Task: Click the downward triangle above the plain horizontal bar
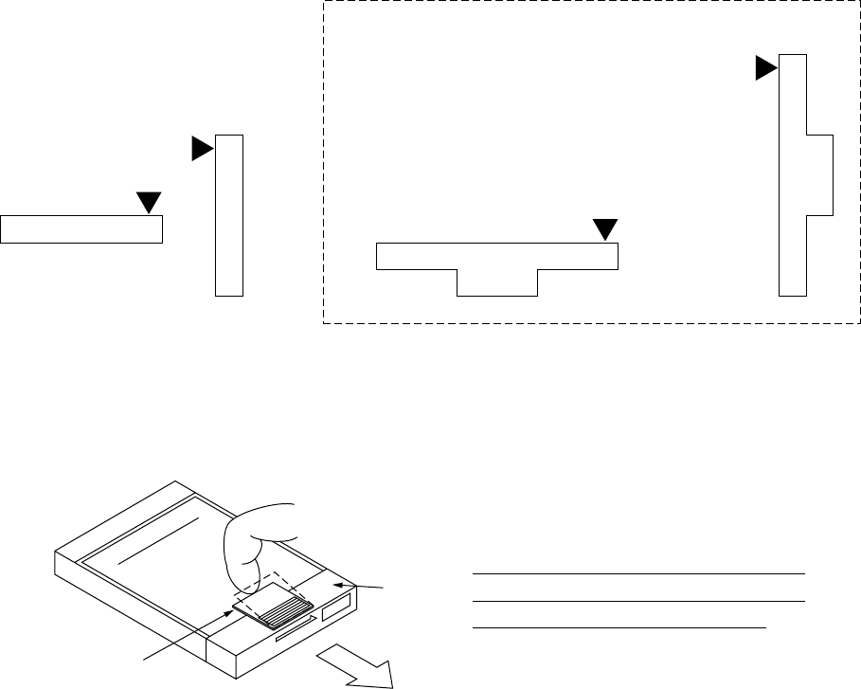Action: click(x=149, y=202)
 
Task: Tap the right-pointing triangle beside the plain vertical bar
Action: click(x=202, y=149)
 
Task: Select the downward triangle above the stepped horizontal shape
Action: click(x=604, y=229)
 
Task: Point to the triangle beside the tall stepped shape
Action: click(x=765, y=68)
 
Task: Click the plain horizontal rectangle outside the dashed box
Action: click(x=81, y=229)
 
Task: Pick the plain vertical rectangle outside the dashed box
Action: click(x=229, y=216)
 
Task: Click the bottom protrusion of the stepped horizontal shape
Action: click(x=497, y=282)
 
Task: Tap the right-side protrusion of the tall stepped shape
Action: click(x=819, y=175)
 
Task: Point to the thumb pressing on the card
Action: click(x=251, y=550)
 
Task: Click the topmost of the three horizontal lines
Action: click(x=637, y=573)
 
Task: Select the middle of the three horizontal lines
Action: click(x=637, y=601)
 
